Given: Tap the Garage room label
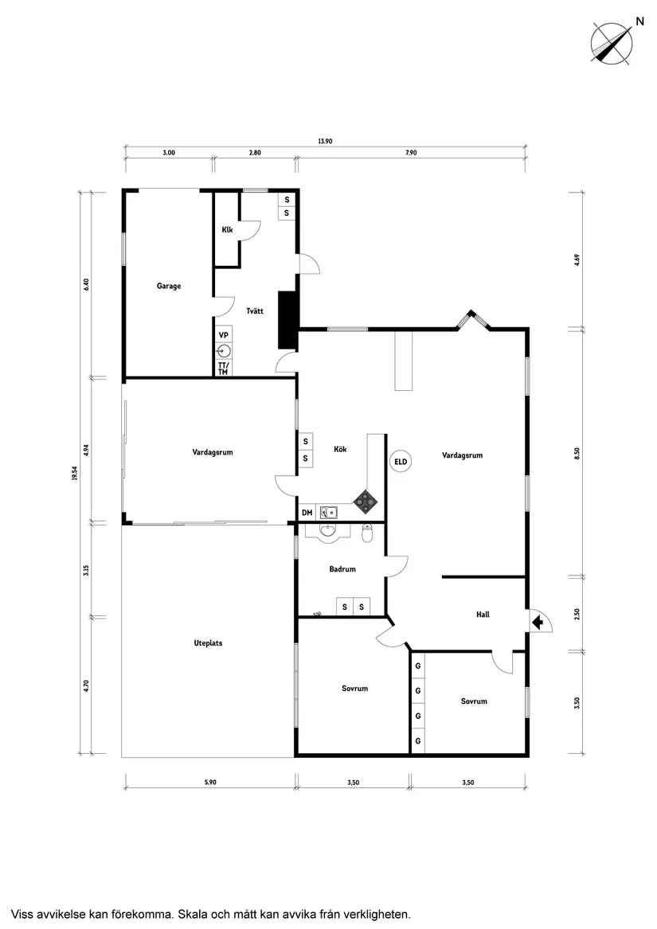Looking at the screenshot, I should pos(168,286).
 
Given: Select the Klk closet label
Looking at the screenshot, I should pos(227,230).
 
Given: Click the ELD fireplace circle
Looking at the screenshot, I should pos(401,461).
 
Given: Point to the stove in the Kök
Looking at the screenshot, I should pos(366,500).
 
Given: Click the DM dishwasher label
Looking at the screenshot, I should pos(307,513).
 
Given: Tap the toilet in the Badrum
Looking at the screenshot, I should pos(367,533).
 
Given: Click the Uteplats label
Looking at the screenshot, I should pos(208,643).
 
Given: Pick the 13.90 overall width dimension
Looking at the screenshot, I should pos(324,141).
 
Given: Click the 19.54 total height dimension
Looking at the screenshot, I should pos(74,473).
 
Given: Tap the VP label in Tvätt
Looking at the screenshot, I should pos(224,335).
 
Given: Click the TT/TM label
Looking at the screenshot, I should pos(223,368).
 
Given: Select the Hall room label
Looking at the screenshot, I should pos(483,615).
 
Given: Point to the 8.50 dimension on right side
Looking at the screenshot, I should pos(577,451).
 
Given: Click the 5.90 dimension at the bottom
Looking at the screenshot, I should pos(209,783).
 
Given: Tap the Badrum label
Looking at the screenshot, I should pos(342,569).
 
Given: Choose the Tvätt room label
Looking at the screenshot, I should pos(255,311).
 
